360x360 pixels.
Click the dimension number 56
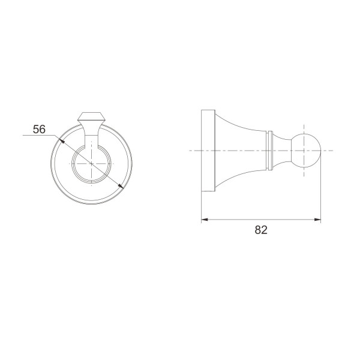pyautogui.click(x=39, y=129)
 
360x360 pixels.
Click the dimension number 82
pyautogui.click(x=261, y=230)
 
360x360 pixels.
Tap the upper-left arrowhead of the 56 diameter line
pyautogui.click(x=62, y=140)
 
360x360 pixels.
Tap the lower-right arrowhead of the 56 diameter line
pyautogui.click(x=121, y=186)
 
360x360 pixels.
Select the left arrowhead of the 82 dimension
pyautogui.click(x=205, y=220)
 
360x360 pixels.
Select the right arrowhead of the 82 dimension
pyautogui.click(x=317, y=220)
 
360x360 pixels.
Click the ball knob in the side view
pyautogui.click(x=306, y=151)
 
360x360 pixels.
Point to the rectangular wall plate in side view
pyautogui.click(x=208, y=151)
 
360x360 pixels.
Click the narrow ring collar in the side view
pyautogui.click(x=269, y=151)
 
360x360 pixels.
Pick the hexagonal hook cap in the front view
pyautogui.click(x=91, y=118)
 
